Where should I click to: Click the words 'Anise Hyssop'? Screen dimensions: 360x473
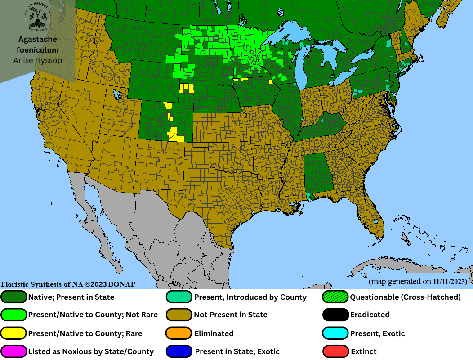pos(38,60)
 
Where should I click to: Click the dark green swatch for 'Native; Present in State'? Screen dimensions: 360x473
pos(14,297)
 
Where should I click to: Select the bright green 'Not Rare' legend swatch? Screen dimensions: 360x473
pos(14,315)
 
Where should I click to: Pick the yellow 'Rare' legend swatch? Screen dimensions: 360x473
pos(14,333)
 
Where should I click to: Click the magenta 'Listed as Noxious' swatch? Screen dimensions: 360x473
pos(14,351)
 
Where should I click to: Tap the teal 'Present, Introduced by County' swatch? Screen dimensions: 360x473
pos(179,297)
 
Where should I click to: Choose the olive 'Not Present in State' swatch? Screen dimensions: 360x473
pos(179,315)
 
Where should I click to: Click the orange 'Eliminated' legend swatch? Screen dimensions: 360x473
pos(179,333)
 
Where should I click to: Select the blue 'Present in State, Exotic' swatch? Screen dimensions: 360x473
pos(179,351)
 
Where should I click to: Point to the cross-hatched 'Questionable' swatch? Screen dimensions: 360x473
pos(336,297)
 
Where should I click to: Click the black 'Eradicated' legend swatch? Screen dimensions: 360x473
pos(336,315)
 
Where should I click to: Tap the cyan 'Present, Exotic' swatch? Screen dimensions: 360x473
pos(336,333)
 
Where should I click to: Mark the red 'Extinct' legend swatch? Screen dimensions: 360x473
pos(336,351)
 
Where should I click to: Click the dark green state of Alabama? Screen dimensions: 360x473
pos(319,173)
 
